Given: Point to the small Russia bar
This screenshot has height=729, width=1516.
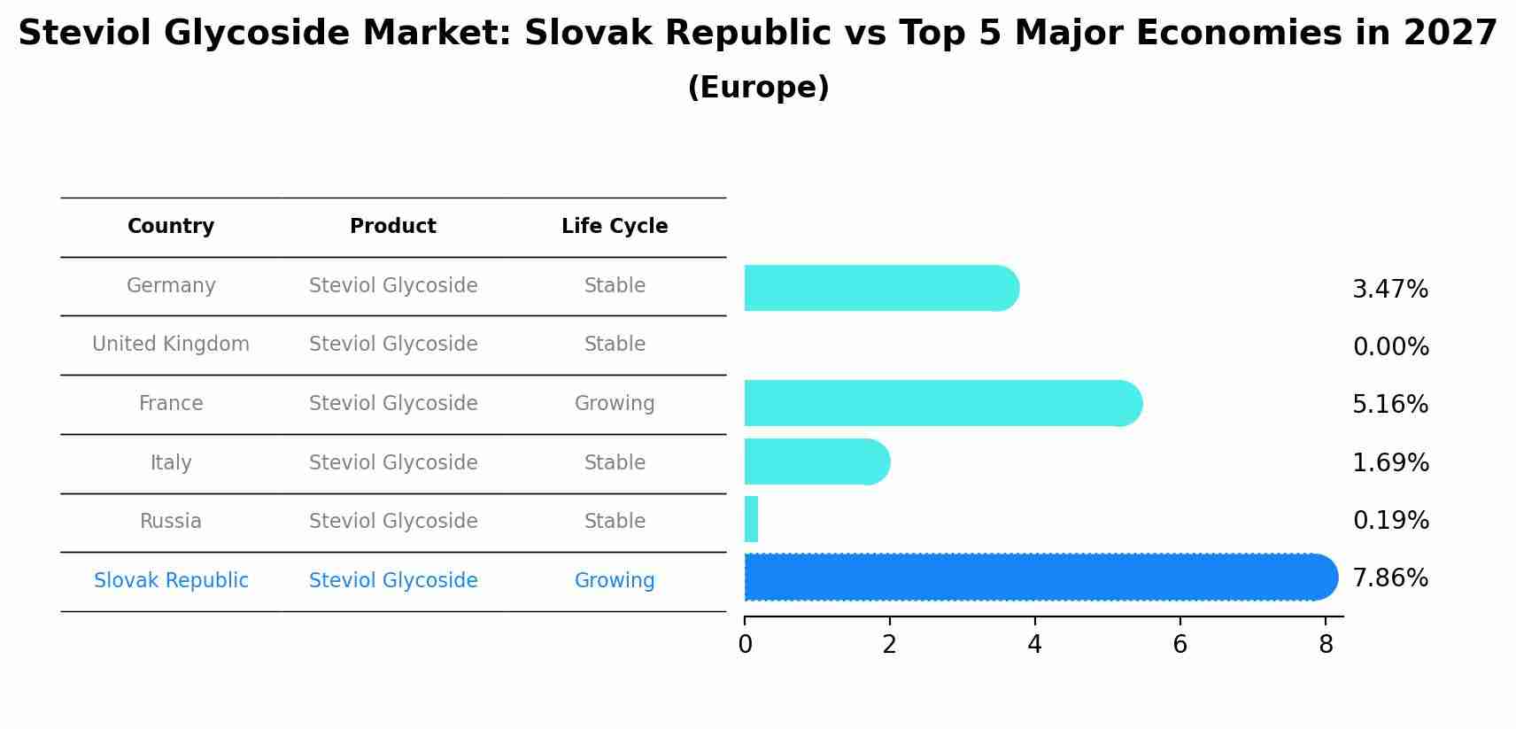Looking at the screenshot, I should (x=751, y=519).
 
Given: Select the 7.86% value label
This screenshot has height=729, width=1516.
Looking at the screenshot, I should (x=1390, y=578).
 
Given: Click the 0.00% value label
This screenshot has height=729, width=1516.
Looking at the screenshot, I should (x=1390, y=347).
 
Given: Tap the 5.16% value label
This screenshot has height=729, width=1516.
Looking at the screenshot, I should (x=1390, y=405).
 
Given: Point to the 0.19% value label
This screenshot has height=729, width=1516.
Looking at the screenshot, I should (x=1390, y=521).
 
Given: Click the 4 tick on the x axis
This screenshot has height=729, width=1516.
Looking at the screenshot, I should (x=1034, y=645).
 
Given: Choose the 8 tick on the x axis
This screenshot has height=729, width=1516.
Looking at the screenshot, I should (x=1325, y=645).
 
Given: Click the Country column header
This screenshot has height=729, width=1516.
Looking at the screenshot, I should (x=171, y=227).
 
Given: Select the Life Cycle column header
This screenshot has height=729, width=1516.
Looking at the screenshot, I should (x=615, y=227).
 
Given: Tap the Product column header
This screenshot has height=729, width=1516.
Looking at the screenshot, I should (x=393, y=227).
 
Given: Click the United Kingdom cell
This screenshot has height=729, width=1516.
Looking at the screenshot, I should (x=171, y=344).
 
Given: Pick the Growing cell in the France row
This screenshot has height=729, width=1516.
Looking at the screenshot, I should (x=615, y=404).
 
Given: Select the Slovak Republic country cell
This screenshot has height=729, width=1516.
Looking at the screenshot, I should (x=171, y=580).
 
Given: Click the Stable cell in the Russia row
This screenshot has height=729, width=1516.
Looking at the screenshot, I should (x=615, y=521).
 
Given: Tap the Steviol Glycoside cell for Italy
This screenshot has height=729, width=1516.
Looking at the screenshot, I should (x=393, y=462).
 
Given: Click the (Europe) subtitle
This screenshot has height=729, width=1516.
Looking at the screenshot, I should (x=758, y=88).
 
